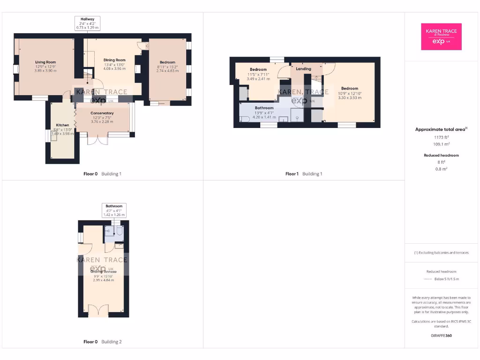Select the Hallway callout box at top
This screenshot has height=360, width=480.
pos(87,23)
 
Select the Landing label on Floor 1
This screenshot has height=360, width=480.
pos(304,69)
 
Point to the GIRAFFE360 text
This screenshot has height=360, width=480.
pos(441,336)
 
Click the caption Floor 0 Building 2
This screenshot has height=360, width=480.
pos(102,342)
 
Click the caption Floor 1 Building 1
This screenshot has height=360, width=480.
pos(304,174)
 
